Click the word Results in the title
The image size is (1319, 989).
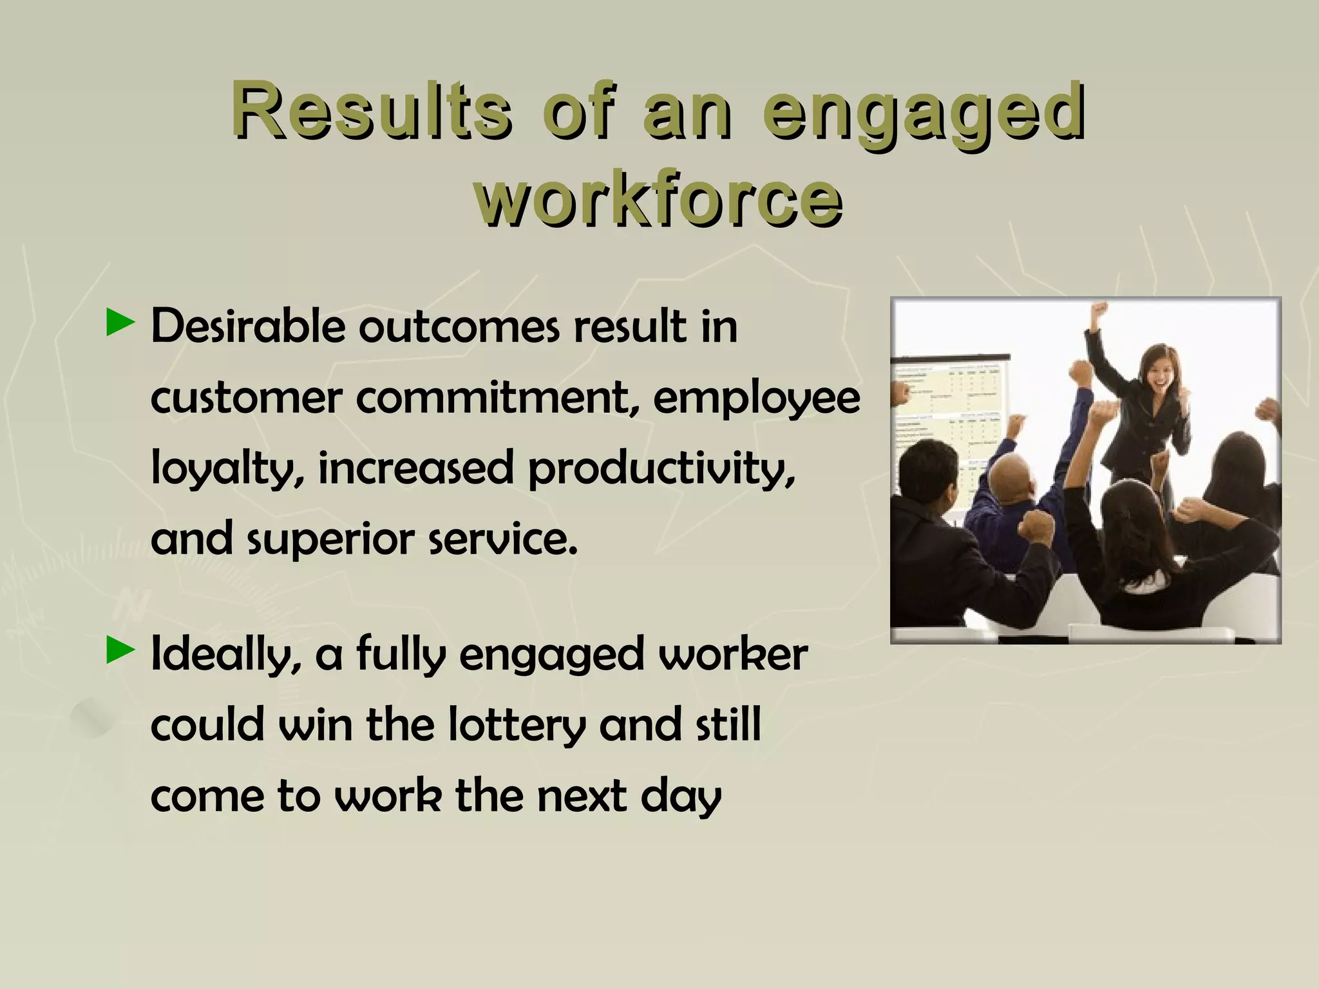coord(372,109)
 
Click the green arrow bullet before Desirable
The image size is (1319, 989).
coord(119,323)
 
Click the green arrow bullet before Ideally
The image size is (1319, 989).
coord(119,650)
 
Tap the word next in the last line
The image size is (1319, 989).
coord(582,796)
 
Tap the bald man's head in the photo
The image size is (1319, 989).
coord(1011,480)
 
